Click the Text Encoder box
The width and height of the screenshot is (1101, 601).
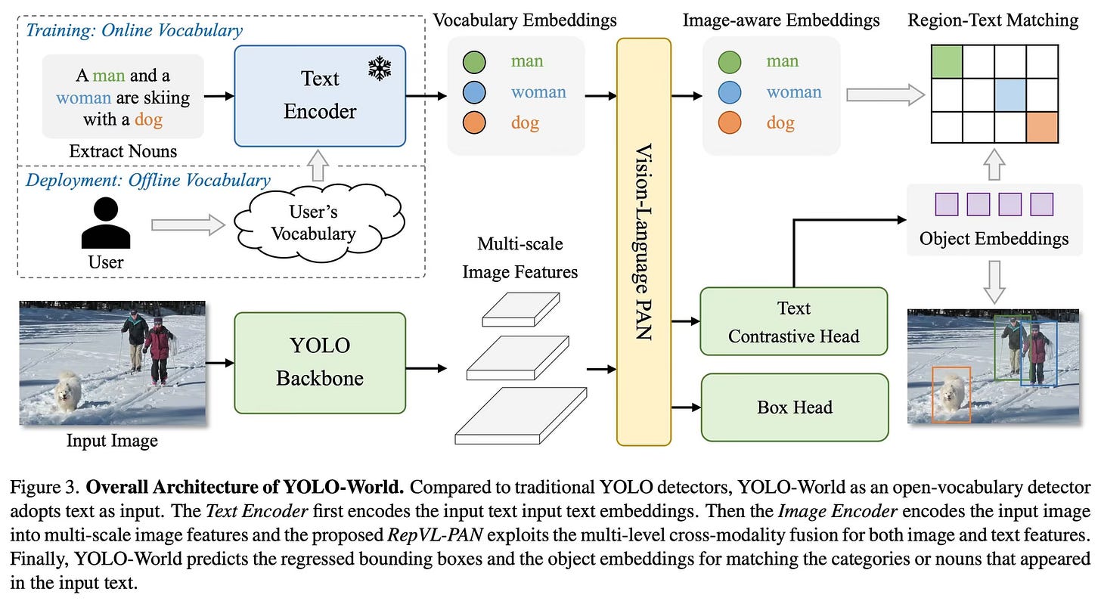tap(319, 95)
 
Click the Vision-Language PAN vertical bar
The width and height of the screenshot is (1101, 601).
tap(644, 242)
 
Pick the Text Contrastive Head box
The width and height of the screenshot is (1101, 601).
tap(793, 321)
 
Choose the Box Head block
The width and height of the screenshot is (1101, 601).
tap(793, 407)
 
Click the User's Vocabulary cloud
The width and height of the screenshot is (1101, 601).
tap(312, 223)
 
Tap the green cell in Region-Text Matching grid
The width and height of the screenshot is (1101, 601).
tap(946, 60)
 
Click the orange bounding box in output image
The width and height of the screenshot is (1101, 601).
tap(951, 394)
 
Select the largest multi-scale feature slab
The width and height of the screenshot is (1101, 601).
tap(520, 416)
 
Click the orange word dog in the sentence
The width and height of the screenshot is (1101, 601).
tap(148, 119)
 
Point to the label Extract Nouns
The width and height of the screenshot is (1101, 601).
tap(123, 151)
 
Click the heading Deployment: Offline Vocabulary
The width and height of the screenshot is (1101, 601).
tap(147, 180)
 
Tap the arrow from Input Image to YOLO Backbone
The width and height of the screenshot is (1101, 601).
tap(219, 362)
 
